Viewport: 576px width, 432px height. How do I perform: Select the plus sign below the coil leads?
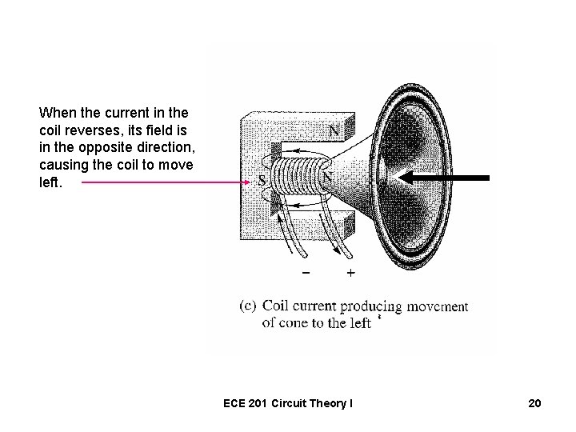(x=350, y=272)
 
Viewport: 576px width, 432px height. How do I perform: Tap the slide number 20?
(x=534, y=403)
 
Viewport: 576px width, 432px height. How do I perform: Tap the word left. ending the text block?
(x=51, y=182)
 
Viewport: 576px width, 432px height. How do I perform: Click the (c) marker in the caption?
(x=249, y=306)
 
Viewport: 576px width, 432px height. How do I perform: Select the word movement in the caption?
(x=437, y=306)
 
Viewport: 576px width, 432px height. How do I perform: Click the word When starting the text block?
(x=57, y=113)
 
